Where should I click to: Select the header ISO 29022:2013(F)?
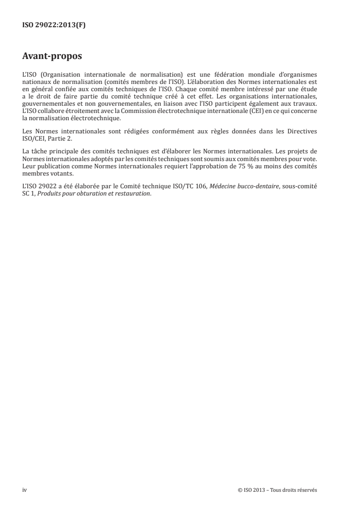[x=54, y=25]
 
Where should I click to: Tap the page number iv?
[x=25, y=490]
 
